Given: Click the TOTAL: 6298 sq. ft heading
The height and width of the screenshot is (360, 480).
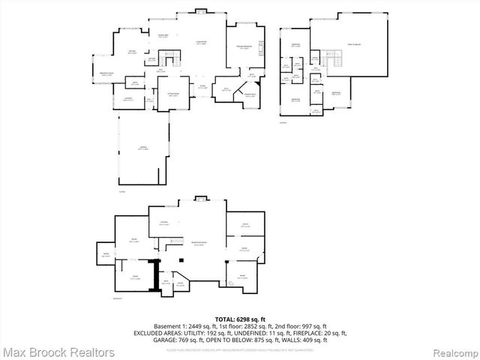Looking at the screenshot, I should coord(239,318).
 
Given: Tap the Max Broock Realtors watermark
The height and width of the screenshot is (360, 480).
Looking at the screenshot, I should coord(58,352).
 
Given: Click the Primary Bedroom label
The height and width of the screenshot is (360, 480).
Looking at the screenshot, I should coord(244,46).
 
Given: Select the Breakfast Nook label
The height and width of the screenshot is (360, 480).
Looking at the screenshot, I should coord(106,73).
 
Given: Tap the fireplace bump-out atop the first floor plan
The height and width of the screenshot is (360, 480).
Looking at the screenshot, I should coord(200,10).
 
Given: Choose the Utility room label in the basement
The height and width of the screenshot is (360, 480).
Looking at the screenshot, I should coord(245,224).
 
